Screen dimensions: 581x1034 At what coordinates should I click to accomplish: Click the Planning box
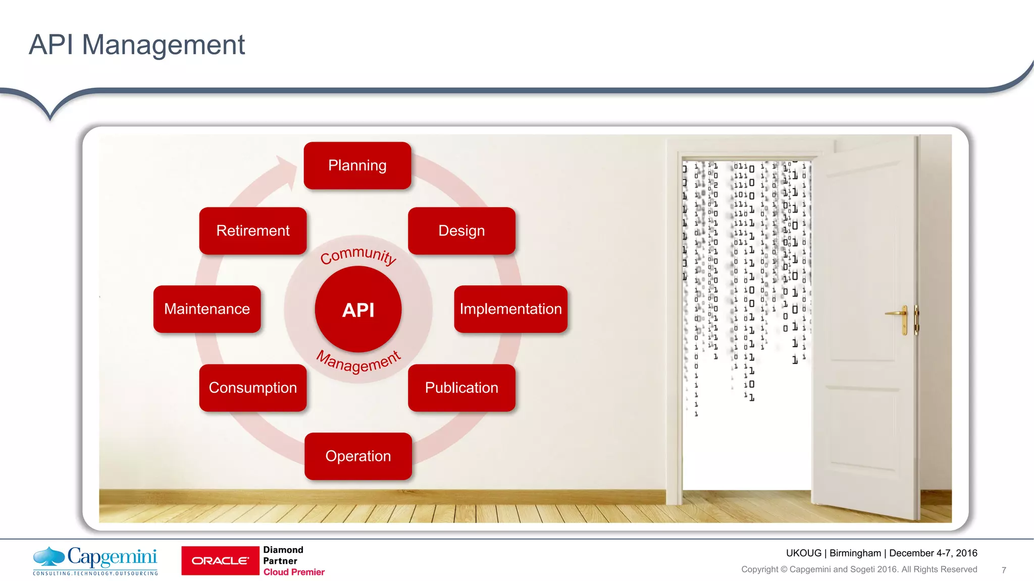(357, 165)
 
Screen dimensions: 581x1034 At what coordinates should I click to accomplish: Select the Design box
(461, 230)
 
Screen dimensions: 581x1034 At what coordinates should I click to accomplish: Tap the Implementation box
(510, 309)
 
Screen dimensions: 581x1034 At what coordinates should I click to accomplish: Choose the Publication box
(461, 387)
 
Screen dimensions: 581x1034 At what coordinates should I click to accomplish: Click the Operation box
(358, 456)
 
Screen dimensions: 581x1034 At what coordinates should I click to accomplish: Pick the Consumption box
(253, 387)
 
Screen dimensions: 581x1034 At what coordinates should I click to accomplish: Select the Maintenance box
(207, 309)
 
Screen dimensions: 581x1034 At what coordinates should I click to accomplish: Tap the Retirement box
(253, 230)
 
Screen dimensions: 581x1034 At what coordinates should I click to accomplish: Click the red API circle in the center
(358, 309)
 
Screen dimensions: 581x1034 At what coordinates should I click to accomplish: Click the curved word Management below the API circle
(358, 362)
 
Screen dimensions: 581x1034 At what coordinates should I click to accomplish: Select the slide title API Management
(137, 44)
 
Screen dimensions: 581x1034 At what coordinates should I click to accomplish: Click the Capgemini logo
(95, 560)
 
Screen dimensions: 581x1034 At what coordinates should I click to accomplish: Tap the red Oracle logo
(220, 560)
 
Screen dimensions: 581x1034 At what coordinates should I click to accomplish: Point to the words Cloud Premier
(294, 572)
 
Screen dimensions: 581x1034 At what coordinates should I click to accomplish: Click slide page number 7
(1004, 570)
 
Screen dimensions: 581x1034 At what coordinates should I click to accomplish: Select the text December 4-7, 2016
(933, 553)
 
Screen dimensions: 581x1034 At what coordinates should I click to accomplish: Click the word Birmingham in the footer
(855, 553)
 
